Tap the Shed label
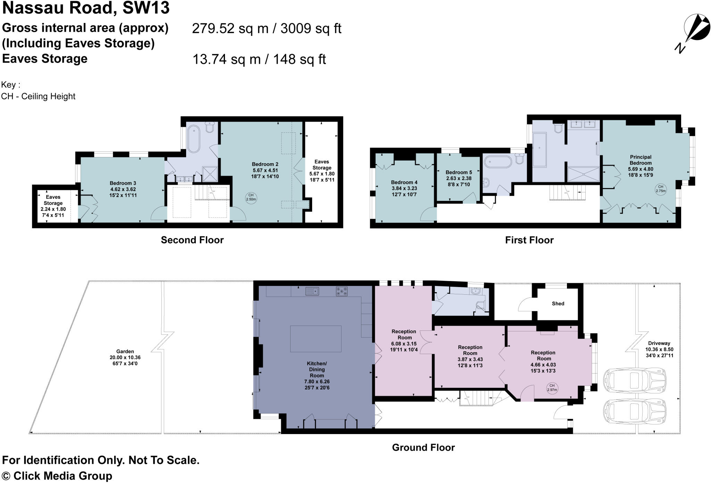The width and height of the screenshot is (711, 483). click(558, 303)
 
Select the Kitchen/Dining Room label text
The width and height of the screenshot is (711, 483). click(317, 369)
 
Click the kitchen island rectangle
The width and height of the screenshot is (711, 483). click(316, 339)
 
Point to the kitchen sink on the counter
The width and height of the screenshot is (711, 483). click(312, 291)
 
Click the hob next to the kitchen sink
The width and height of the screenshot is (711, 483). click(341, 291)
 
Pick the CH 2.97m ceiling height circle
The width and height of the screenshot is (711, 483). click(552, 387)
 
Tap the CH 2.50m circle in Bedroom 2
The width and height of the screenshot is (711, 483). click(251, 197)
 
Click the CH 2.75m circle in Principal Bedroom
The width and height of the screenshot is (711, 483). click(661, 189)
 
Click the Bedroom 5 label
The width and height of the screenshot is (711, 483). click(459, 172)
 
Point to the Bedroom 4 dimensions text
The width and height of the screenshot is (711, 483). click(404, 191)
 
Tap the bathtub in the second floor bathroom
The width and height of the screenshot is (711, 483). click(194, 139)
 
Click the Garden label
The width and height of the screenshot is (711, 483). click(125, 351)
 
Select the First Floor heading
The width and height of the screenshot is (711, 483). click(529, 240)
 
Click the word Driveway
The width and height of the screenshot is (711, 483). click(659, 343)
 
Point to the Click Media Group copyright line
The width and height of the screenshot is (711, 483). click(57, 476)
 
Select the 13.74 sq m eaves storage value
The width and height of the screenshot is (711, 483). click(226, 59)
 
